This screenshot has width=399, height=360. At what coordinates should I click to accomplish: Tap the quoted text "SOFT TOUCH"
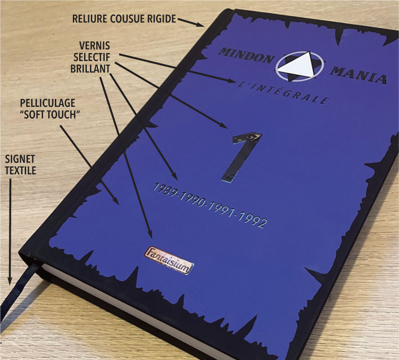click(49, 115)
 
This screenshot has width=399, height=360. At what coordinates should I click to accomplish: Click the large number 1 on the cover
click(243, 155)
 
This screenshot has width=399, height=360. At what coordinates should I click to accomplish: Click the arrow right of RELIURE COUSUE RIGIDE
click(191, 22)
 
